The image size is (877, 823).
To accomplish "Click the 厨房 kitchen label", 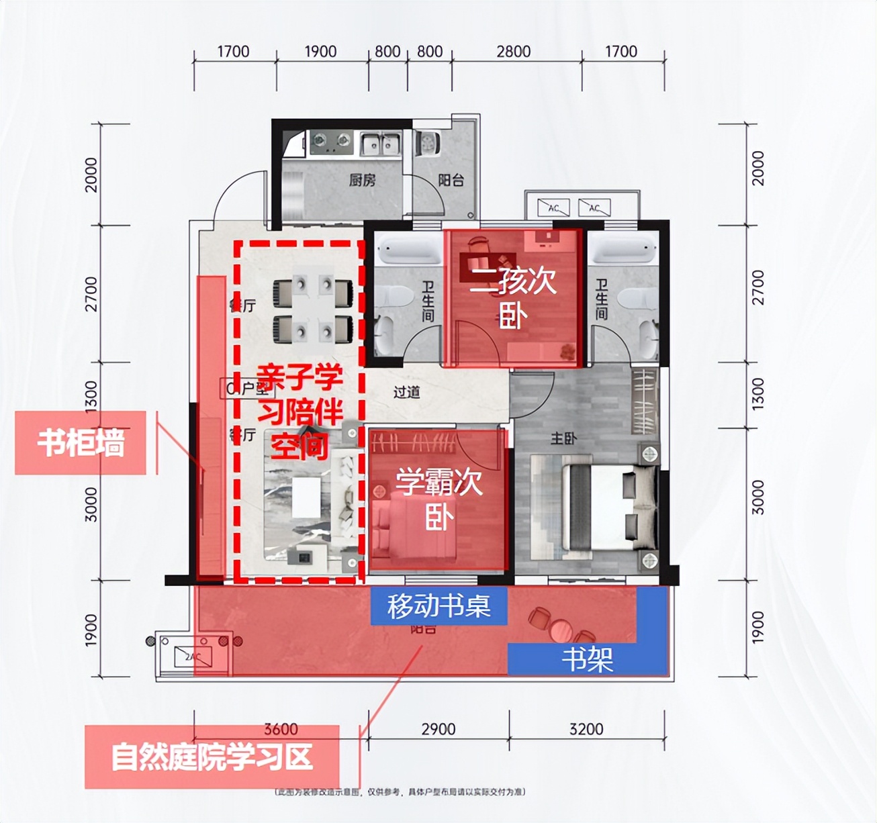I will (362, 180).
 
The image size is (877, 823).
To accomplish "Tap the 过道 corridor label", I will (406, 391).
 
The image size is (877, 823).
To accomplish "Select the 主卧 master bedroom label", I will (563, 438).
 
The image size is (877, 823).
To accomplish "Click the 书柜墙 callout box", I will (81, 443).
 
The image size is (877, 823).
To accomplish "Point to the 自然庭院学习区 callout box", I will (212, 757).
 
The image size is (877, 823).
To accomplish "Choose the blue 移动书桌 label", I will (438, 606).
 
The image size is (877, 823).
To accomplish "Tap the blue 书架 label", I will (587, 659).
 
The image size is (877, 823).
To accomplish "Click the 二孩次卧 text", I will (513, 299).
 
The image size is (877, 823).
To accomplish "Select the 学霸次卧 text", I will (438, 499).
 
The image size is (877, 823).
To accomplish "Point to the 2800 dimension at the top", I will (514, 52).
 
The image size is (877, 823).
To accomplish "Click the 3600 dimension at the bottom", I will (281, 729).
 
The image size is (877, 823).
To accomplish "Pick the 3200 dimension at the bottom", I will (586, 729).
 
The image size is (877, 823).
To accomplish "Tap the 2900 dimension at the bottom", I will (438, 729).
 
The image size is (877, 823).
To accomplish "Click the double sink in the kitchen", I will (380, 143).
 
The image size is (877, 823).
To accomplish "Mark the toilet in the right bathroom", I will (631, 295).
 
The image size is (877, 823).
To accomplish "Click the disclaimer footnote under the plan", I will (401, 792).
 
